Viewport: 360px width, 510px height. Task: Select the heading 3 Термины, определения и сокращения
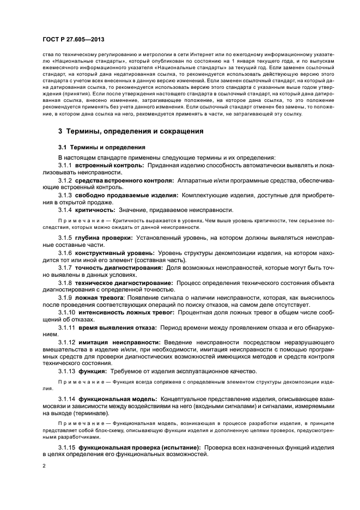pos(131,131)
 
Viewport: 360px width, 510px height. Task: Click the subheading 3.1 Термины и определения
pos(101,147)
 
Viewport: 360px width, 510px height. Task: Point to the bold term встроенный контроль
pos(109,165)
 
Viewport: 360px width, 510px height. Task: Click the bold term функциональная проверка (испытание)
pos(139,447)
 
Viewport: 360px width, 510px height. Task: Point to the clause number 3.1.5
pos(65,238)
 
